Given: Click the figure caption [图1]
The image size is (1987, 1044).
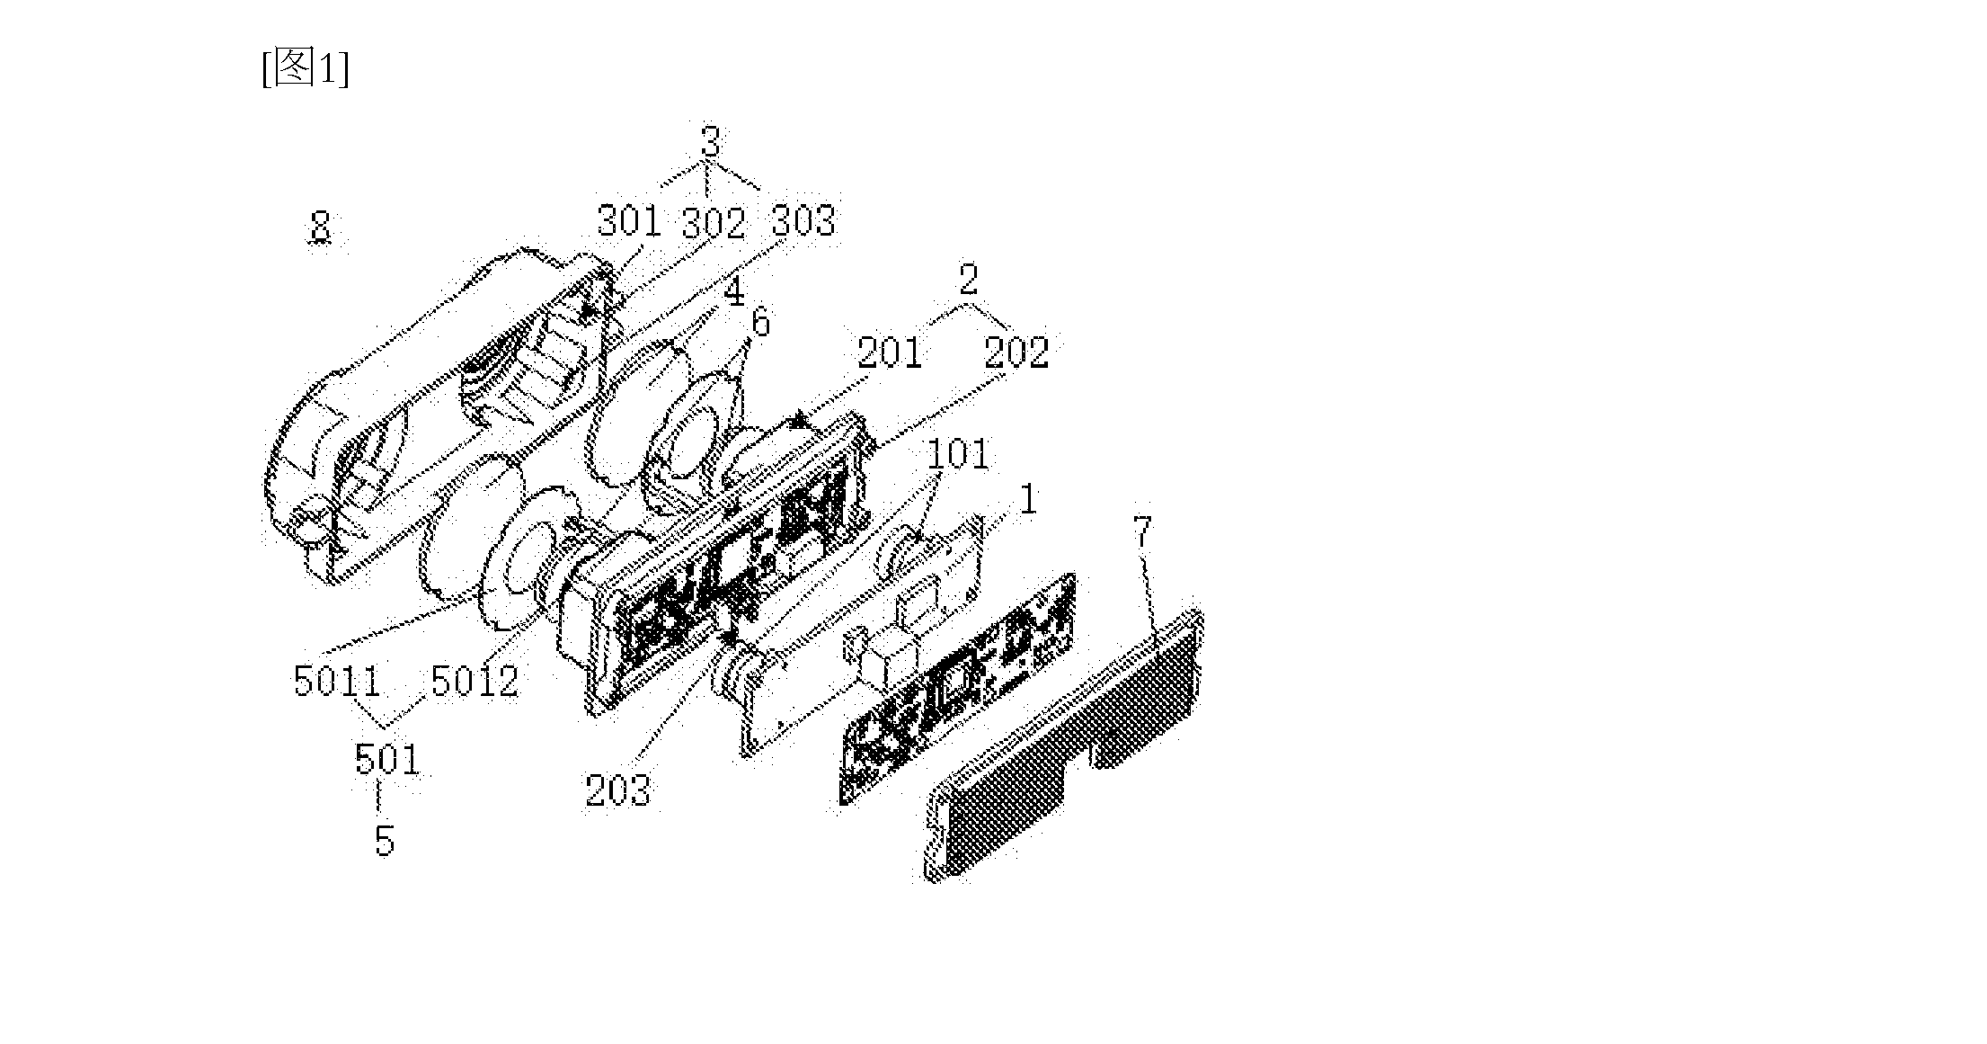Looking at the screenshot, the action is coord(306,69).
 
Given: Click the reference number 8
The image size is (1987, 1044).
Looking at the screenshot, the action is coord(321,226).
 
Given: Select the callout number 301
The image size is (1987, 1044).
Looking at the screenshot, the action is coord(629,220).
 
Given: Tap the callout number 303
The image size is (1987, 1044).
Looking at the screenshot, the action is coord(803,220).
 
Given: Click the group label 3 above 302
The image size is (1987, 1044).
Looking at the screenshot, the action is coord(711,141).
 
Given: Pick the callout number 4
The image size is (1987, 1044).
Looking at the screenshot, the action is coord(735,291).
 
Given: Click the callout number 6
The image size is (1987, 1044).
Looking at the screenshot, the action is coord(761,323).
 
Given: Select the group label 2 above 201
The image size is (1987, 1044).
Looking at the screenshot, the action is coord(968,279).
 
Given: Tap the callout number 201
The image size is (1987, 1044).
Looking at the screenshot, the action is coord(890,352).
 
